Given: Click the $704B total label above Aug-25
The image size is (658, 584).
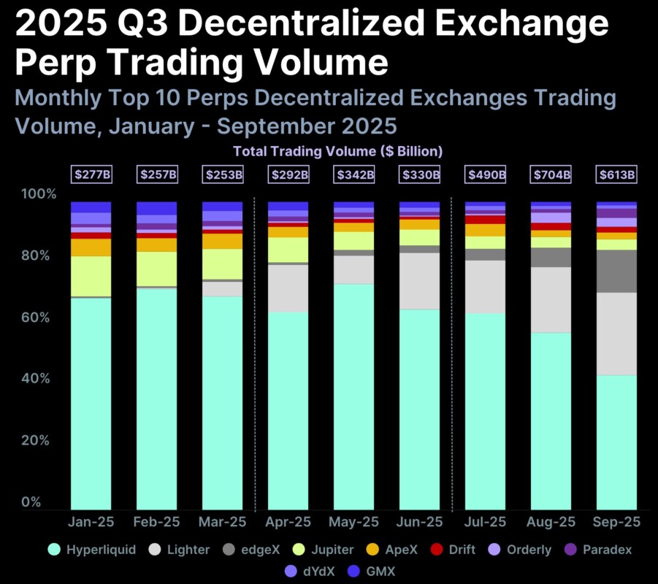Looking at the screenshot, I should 551,175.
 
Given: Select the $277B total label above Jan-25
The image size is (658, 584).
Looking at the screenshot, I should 91,175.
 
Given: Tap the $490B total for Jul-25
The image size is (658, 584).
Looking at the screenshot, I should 486,175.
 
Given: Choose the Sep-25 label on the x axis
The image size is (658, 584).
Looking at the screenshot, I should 616,522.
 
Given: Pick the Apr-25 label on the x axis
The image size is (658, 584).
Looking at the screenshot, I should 288,522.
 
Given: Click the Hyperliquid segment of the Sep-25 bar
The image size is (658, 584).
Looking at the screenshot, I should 616,442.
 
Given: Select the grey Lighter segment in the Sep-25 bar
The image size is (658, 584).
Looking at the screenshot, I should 616,334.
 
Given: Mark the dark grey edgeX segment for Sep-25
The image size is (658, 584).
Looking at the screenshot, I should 616,271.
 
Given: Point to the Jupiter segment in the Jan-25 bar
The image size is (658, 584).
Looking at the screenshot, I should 91,276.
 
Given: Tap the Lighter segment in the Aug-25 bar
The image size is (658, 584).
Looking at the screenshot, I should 551,299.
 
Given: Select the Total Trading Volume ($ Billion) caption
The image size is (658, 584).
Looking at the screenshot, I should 338,152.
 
